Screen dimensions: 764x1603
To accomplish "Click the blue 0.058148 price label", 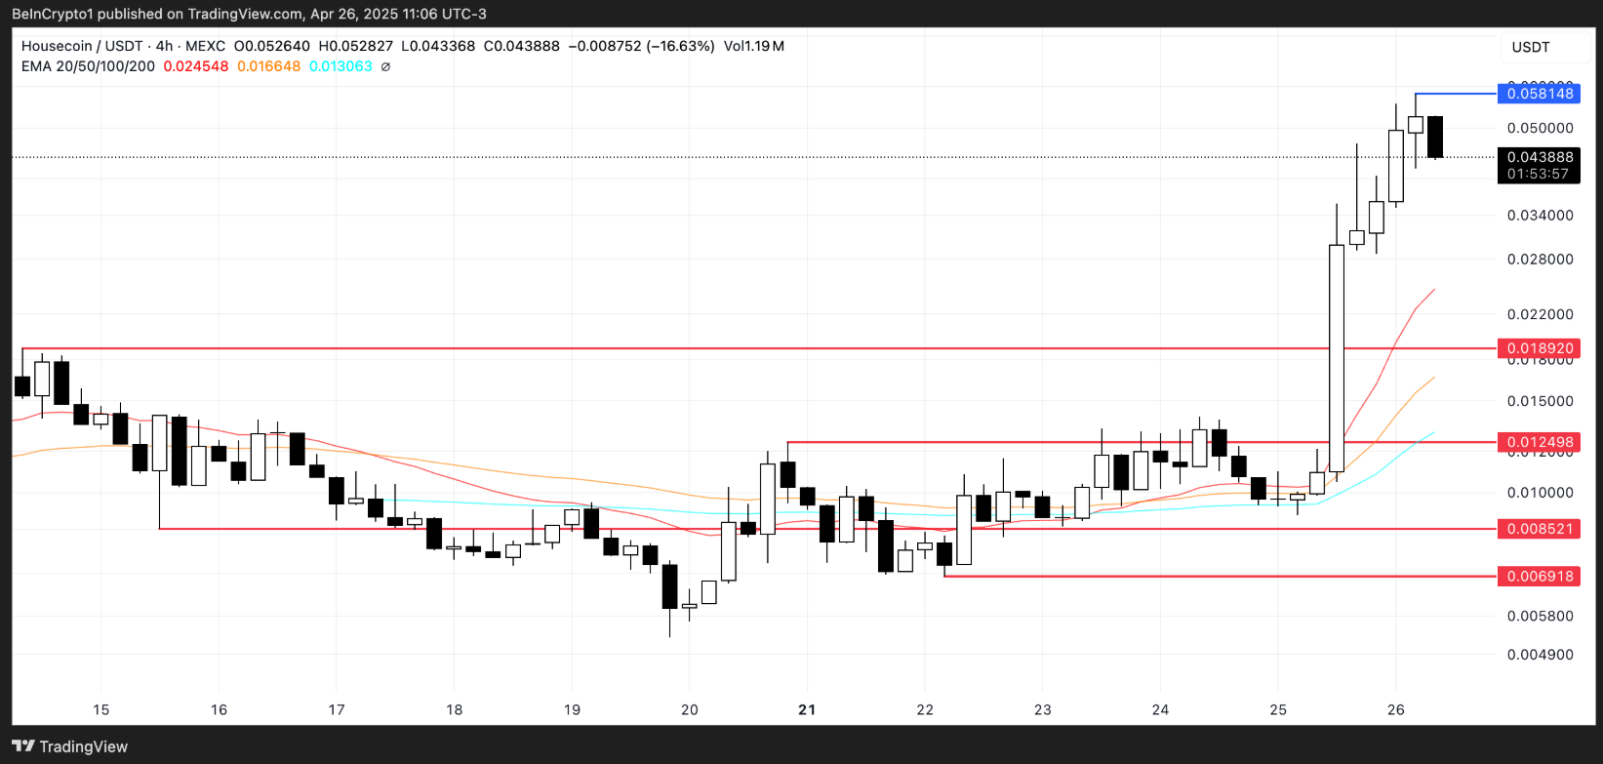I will tap(1540, 94).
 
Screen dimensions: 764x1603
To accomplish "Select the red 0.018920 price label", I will tap(1540, 348).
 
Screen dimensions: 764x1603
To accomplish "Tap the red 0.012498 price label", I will tap(1540, 442).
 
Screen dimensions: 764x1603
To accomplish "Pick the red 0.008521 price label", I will tap(1540, 529).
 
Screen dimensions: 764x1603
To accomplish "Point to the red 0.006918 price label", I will tap(1540, 577).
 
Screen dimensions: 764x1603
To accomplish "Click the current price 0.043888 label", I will tap(1540, 157).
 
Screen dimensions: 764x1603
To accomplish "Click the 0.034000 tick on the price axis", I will tap(1540, 215).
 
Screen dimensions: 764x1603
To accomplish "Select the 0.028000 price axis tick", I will tap(1540, 259).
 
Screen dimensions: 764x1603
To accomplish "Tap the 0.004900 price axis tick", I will tap(1540, 655).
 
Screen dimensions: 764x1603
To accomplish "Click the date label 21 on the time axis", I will tap(807, 709).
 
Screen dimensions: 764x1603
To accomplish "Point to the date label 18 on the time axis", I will tap(454, 709).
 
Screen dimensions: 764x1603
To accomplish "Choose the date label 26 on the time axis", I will tap(1395, 709).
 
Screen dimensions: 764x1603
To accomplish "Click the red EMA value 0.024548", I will tap(195, 66).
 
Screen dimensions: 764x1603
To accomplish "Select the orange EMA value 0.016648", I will tap(268, 66).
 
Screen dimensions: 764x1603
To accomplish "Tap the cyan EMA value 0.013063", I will tap(341, 66).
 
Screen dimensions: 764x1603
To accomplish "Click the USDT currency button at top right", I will tap(1531, 47).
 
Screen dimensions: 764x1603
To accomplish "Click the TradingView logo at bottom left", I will tap(70, 746).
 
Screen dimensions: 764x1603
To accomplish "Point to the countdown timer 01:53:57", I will tap(1538, 174).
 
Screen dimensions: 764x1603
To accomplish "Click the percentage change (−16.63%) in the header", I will tap(679, 46).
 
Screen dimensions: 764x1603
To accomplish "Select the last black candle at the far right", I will tap(1434, 137).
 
